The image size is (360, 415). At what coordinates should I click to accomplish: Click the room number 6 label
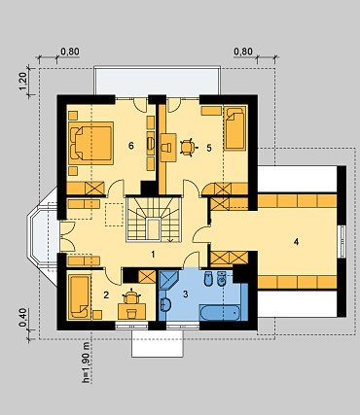coord(130,146)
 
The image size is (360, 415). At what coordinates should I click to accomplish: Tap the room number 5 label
coord(209,148)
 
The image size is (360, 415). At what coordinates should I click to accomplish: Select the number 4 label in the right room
coord(296,241)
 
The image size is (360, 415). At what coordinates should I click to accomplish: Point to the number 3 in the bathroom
coord(186,294)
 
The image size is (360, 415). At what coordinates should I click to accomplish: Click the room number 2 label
coord(106,294)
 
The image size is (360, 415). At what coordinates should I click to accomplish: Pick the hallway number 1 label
coord(153,255)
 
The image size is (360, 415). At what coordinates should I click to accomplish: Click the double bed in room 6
coord(91,143)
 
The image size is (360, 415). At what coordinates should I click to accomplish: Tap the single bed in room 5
coord(235,128)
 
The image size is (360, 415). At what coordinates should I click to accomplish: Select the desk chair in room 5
coord(188,148)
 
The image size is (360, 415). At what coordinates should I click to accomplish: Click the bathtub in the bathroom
coord(220,312)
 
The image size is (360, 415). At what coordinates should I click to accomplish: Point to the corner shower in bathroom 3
coord(169,281)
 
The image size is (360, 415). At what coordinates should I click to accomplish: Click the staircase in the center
coord(153,220)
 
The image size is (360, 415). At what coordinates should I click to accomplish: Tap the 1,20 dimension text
coord(22,82)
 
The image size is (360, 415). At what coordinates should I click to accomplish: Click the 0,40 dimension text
coord(22,318)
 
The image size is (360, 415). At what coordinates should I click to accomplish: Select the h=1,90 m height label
coord(86,363)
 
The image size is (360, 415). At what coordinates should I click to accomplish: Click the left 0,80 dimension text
coord(70,52)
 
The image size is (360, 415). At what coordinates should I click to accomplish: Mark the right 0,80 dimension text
coord(243,52)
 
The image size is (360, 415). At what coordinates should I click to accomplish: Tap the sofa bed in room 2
coord(80,296)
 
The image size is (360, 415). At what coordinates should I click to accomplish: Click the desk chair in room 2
coord(131,296)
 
